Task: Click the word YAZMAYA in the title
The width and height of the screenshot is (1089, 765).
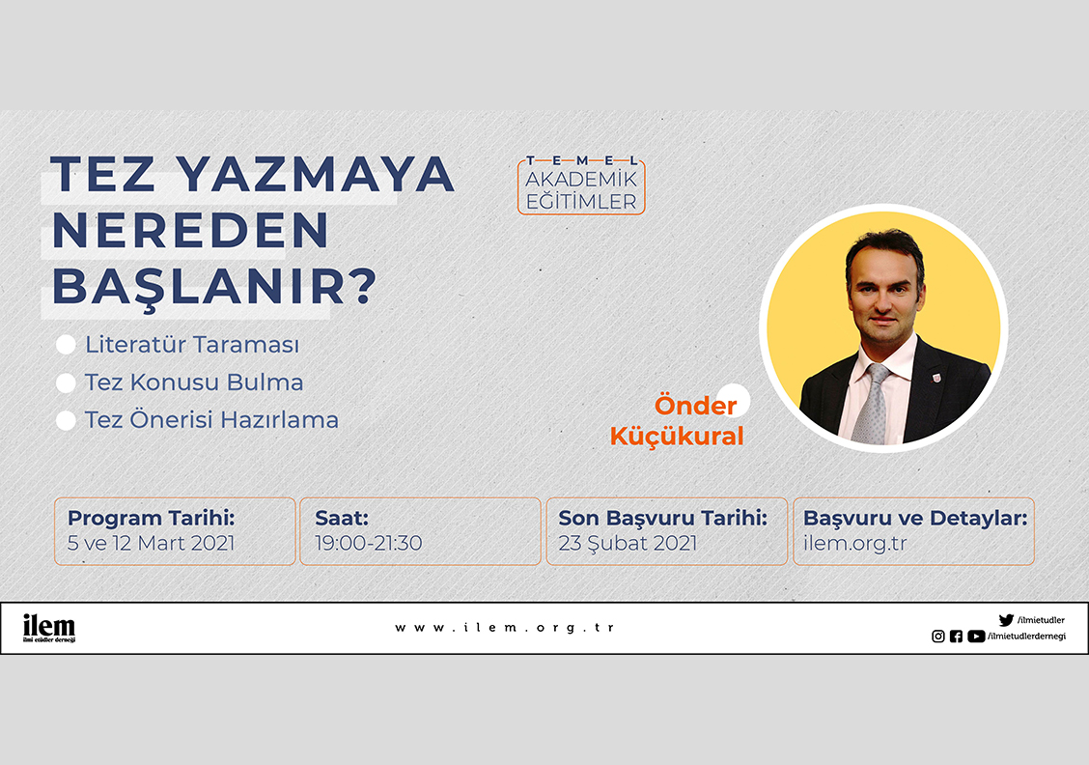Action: tap(315, 174)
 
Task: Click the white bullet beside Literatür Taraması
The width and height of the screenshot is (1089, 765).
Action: tap(66, 345)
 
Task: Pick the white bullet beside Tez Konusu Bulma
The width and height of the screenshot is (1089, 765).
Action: tap(66, 382)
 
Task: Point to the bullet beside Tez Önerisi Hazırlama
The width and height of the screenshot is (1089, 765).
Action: tap(66, 420)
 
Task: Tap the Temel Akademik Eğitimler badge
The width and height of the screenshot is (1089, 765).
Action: tap(581, 184)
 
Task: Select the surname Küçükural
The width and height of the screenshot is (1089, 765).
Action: tap(677, 437)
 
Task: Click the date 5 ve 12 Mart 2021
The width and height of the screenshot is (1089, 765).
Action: tap(152, 543)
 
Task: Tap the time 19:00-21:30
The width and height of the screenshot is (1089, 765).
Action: tap(369, 543)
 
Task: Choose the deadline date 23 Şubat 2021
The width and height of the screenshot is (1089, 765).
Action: tap(628, 544)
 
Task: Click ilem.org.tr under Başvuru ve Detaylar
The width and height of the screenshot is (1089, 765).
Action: tap(855, 543)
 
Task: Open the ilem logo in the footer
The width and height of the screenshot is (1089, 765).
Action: tap(48, 628)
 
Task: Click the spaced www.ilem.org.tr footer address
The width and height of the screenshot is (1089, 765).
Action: tap(505, 628)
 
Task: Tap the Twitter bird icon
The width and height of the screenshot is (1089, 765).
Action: tap(1006, 620)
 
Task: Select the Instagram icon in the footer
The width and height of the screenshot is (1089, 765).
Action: tap(938, 637)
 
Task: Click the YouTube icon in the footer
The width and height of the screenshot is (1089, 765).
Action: tap(976, 637)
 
